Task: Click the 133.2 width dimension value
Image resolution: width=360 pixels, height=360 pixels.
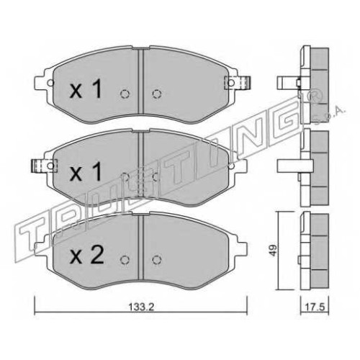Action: [141, 307]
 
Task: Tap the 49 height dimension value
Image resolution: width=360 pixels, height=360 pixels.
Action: [274, 251]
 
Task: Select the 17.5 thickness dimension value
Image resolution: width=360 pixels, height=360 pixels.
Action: [315, 307]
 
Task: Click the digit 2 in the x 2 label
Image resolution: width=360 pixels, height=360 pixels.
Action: [96, 255]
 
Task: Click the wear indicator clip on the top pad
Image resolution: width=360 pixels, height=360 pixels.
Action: [237, 83]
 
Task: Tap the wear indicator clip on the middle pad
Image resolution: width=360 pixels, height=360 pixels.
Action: [45, 166]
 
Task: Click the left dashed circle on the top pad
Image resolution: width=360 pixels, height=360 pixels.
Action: [125, 94]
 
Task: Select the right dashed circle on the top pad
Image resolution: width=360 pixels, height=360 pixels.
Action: [156, 94]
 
